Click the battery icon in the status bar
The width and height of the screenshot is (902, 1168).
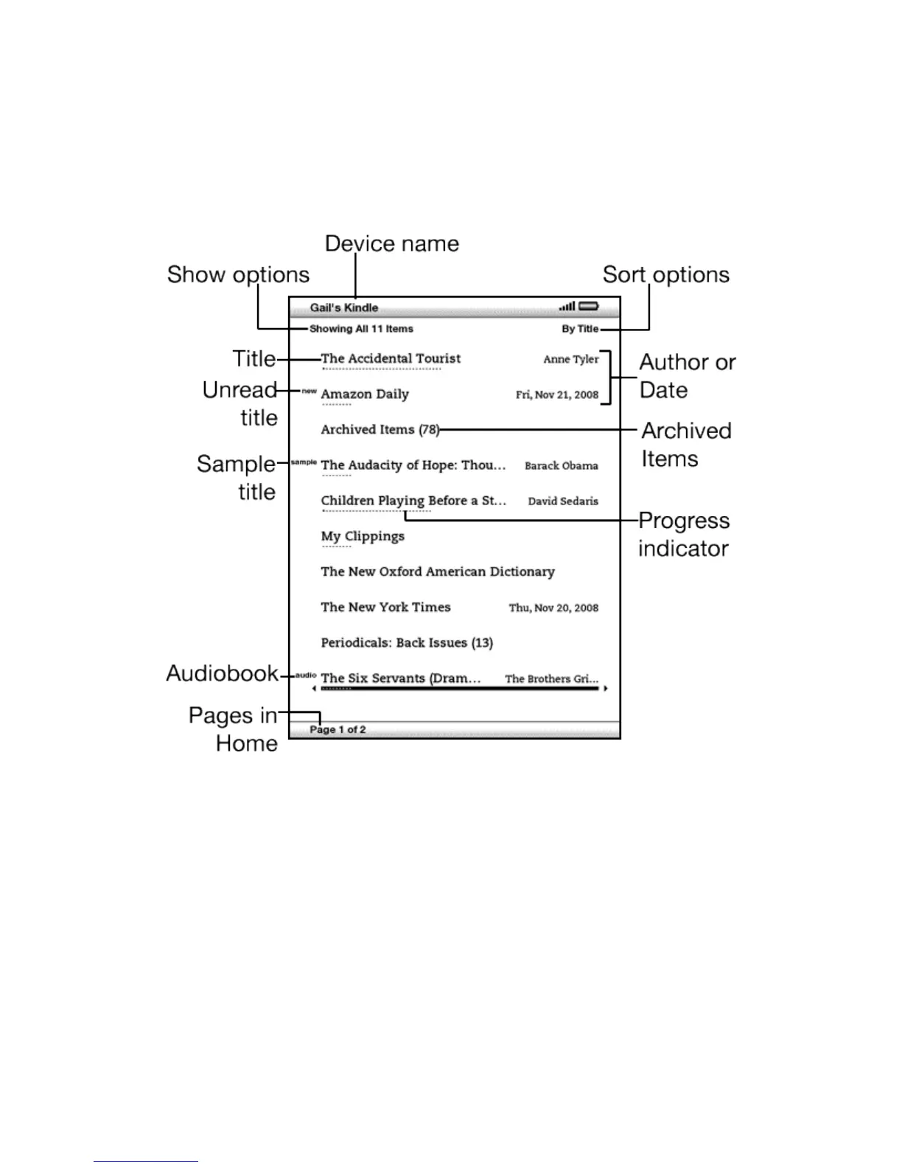[x=589, y=306]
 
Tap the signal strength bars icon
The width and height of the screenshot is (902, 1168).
[x=567, y=306]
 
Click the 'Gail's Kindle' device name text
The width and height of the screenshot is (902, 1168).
[x=344, y=307]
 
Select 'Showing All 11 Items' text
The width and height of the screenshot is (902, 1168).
[x=361, y=329]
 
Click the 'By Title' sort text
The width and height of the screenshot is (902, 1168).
[x=580, y=329]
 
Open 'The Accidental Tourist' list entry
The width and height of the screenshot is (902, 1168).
[x=391, y=358]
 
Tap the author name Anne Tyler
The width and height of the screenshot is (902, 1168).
[x=571, y=359]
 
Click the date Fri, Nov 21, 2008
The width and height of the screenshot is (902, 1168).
[x=557, y=394]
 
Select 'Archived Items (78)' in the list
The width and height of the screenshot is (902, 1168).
[x=380, y=429]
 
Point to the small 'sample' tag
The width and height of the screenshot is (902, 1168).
[x=304, y=462]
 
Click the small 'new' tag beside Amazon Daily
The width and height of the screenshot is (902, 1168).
[x=310, y=391]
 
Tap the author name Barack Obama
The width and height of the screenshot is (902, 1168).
[x=562, y=465]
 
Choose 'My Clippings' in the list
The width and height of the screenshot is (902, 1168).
[x=363, y=536]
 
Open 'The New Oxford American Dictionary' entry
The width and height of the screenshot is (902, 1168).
[x=438, y=571]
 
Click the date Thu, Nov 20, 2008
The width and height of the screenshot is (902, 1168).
[x=553, y=608]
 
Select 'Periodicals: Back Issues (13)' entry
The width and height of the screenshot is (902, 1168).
[x=407, y=642]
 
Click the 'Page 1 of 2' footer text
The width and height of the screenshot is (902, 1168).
[x=338, y=729]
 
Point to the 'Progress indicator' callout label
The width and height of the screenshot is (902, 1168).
[x=684, y=534]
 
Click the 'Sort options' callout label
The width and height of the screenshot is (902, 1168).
[x=665, y=274]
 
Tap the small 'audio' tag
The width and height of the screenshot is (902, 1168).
[x=306, y=675]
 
